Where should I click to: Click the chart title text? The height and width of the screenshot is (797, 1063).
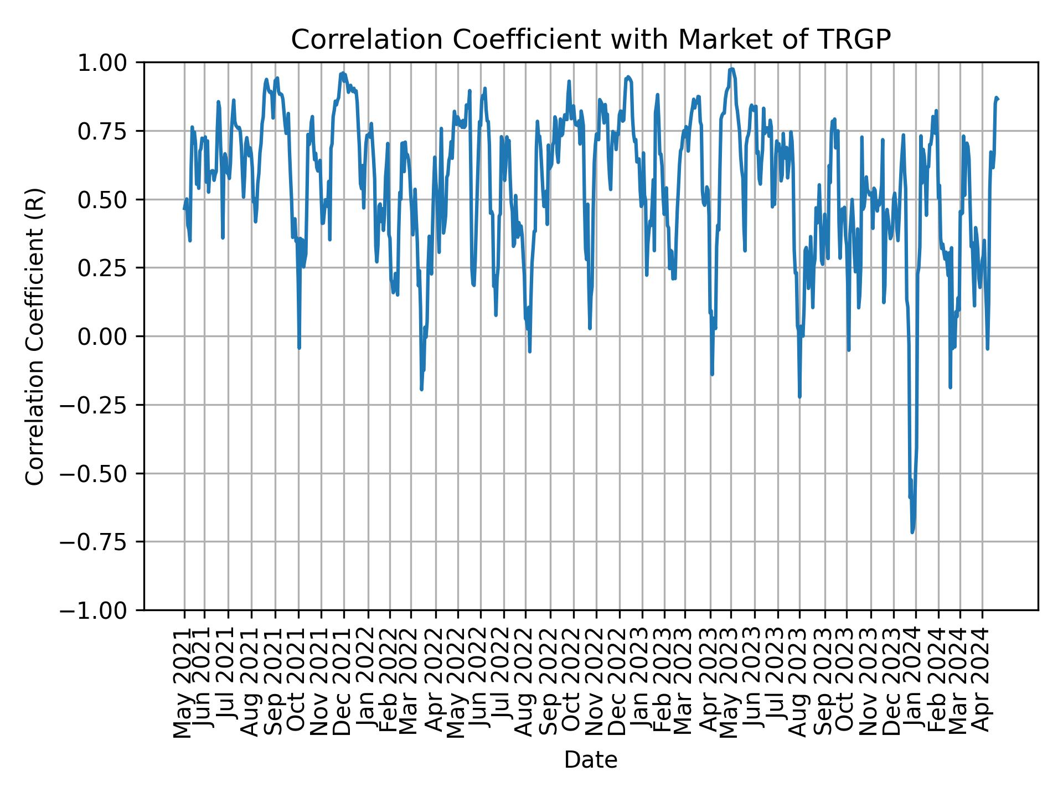tap(591, 40)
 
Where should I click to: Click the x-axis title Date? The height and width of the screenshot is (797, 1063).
tap(591, 760)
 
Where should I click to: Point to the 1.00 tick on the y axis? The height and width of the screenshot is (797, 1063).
tap(109, 63)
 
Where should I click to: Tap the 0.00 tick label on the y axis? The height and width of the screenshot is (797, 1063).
tap(109, 337)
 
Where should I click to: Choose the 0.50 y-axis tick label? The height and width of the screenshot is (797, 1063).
tap(109, 199)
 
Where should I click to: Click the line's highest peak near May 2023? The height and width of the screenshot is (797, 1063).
tap(731, 69)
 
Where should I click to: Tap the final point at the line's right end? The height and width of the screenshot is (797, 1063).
tap(998, 100)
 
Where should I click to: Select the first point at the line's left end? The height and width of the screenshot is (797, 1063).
tap(184, 209)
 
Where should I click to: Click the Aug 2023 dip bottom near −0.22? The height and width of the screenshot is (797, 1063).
tap(799, 396)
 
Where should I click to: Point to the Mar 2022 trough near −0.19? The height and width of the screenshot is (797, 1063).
tap(421, 389)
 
